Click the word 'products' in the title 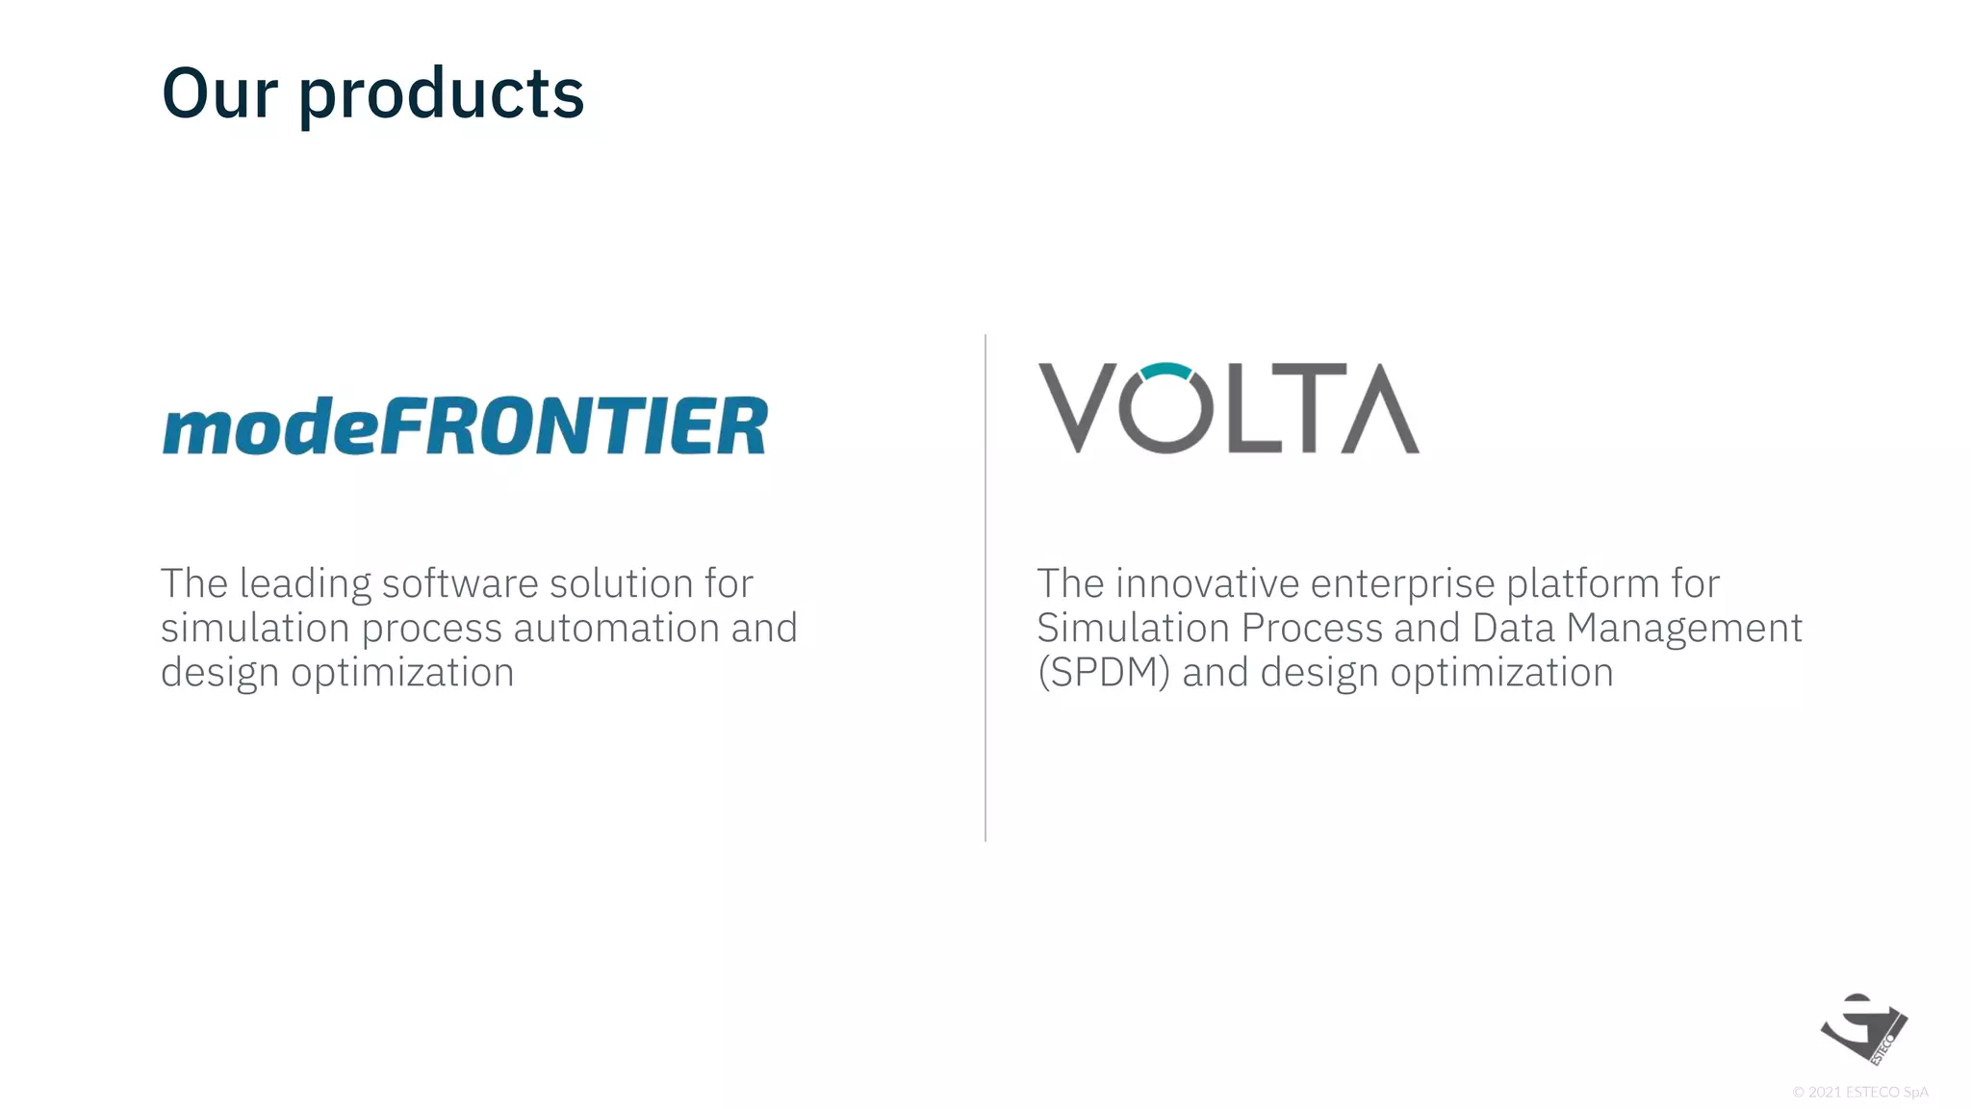pyautogui.click(x=441, y=95)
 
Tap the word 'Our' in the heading pyautogui.click(x=219, y=93)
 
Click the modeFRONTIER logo pyautogui.click(x=465, y=426)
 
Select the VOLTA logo pyautogui.click(x=1228, y=408)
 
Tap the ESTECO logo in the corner pyautogui.click(x=1863, y=1028)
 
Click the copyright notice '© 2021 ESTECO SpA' pyautogui.click(x=1859, y=1092)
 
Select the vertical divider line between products pyautogui.click(x=985, y=587)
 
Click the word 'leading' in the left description pyautogui.click(x=305, y=584)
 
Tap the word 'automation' pyautogui.click(x=616, y=628)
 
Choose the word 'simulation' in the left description pyautogui.click(x=255, y=628)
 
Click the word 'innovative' pyautogui.click(x=1208, y=583)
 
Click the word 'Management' pyautogui.click(x=1684, y=629)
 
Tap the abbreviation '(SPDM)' pyautogui.click(x=1103, y=672)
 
